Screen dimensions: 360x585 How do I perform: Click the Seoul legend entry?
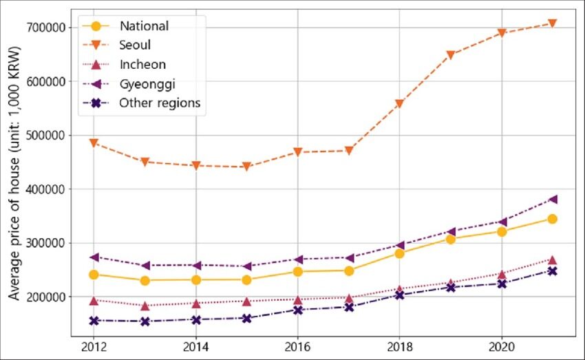coord(135,45)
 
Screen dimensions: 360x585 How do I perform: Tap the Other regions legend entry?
coord(160,103)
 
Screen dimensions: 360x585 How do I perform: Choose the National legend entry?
coord(144,26)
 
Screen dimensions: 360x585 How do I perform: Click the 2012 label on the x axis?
coord(94,345)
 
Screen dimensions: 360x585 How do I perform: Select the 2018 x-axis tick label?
coord(399,345)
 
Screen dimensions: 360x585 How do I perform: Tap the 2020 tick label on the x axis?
coord(501,345)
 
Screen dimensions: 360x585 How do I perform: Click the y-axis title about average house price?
coord(14,173)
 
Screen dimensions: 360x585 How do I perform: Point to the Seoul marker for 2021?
coord(552,23)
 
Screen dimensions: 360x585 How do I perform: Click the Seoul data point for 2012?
coord(94,143)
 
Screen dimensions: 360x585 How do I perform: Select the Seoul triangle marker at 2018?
coord(399,104)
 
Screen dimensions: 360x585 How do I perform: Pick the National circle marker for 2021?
coord(552,219)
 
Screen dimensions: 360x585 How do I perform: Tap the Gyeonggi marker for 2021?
coord(552,200)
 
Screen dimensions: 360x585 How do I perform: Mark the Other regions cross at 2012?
coord(94,321)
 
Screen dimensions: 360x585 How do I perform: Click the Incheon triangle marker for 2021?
coord(552,260)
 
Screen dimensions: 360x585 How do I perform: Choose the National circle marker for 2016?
coord(297,272)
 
